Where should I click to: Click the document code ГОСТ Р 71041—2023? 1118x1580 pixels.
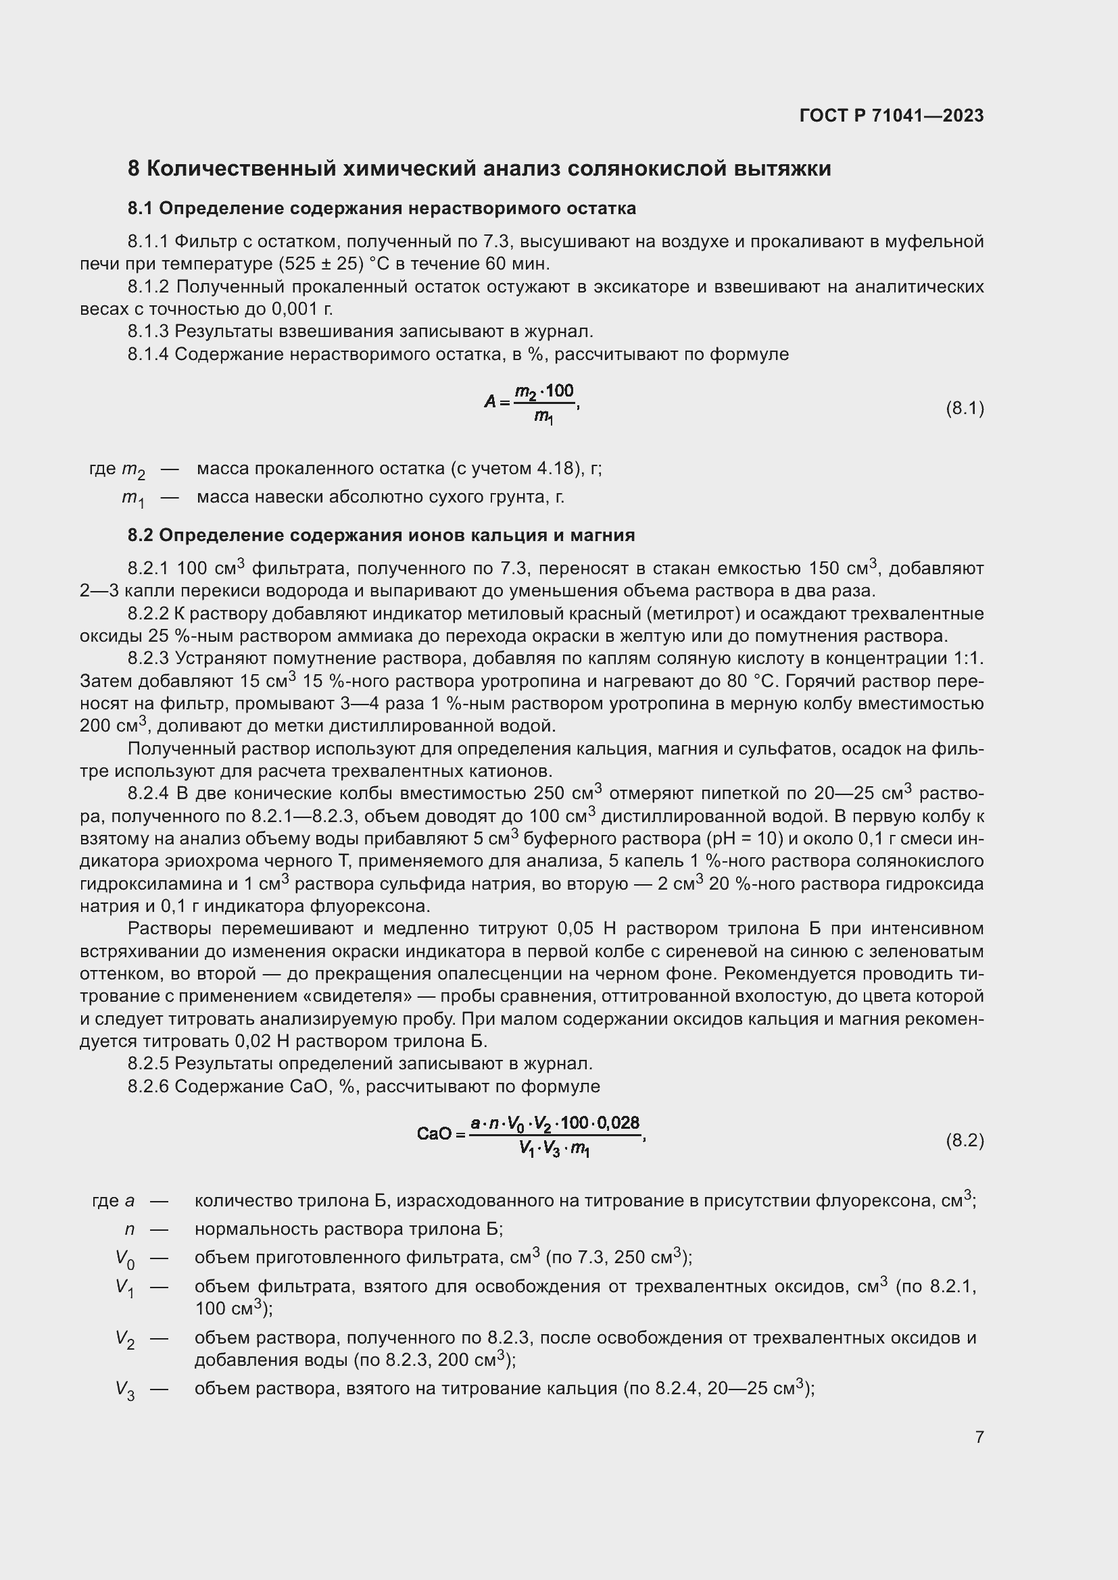(x=892, y=116)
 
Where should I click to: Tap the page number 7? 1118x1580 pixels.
(x=979, y=1437)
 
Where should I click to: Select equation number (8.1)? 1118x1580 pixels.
(x=965, y=409)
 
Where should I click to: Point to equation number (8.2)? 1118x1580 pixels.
(x=965, y=1140)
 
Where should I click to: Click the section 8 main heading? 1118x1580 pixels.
(x=479, y=169)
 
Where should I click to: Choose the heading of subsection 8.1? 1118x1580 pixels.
(x=381, y=209)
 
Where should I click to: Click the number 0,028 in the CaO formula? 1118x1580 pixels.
(x=618, y=1124)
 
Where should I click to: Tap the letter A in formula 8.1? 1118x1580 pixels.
(x=490, y=401)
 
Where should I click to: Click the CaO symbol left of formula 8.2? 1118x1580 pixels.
(x=435, y=1133)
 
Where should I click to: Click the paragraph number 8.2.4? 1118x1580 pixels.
(x=148, y=794)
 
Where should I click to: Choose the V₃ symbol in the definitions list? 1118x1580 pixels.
(x=125, y=1391)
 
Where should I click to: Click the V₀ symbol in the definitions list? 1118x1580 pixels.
(x=125, y=1258)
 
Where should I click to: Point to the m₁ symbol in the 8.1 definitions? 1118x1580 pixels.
(x=133, y=499)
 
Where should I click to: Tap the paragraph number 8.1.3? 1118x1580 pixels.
(x=148, y=332)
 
